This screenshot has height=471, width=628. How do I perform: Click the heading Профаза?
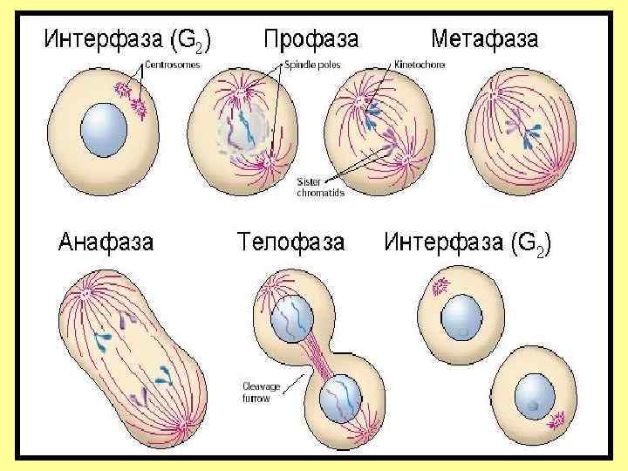[311, 39]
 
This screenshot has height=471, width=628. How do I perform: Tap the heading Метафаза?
[485, 39]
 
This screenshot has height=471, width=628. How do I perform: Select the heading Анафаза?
[106, 241]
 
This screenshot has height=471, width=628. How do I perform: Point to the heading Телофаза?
[290, 241]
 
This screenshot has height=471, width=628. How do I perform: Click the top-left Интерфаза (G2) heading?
[126, 39]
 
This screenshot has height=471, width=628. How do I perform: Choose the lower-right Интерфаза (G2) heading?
[468, 241]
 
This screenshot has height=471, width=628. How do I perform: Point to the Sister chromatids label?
[319, 187]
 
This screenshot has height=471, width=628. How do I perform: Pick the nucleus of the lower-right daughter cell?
[534, 394]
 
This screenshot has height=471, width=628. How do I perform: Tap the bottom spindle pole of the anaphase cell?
[184, 427]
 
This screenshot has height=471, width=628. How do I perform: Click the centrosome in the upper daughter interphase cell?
[439, 284]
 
